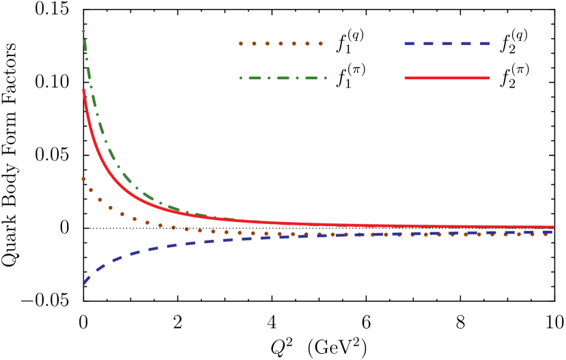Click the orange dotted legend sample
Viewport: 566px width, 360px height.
tap(280, 44)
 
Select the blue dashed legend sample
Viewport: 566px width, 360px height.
tap(447, 44)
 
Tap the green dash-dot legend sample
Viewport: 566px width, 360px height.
tap(283, 78)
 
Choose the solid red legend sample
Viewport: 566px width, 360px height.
tap(447, 78)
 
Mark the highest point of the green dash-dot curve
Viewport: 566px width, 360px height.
tap(83, 31)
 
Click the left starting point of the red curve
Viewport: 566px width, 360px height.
tap(83, 89)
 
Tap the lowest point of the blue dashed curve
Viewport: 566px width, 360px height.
tap(84, 283)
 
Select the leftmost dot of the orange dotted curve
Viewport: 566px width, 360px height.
tap(83, 179)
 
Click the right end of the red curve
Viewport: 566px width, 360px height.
tap(553, 227)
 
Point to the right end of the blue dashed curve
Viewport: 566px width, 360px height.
tap(550, 232)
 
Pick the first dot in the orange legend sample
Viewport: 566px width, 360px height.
tap(240, 44)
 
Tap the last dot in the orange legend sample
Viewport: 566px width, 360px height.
tap(320, 44)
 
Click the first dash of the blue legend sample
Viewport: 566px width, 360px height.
tap(410, 44)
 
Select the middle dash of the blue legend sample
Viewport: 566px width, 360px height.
tap(447, 44)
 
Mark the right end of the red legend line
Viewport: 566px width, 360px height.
tap(489, 78)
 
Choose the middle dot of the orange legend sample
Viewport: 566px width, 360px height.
tap(281, 44)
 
